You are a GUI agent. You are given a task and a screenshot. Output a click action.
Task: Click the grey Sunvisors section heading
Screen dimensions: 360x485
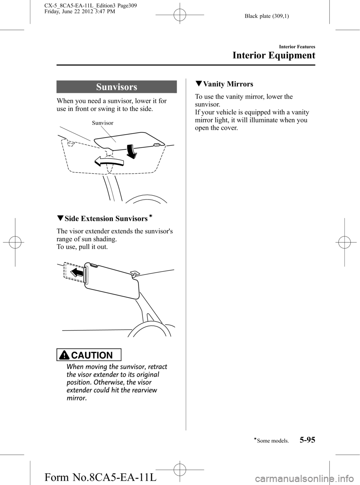click(x=117, y=87)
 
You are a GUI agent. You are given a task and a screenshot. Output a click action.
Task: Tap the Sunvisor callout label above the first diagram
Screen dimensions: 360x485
click(x=103, y=123)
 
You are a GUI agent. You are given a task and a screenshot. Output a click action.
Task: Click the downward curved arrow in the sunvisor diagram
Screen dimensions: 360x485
click(x=131, y=151)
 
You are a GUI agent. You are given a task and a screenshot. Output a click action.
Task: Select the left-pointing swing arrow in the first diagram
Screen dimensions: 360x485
click(x=109, y=162)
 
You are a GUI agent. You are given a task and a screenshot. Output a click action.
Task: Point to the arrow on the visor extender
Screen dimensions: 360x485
click(x=77, y=273)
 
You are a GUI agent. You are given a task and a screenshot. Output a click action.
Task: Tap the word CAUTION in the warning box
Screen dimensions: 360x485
click(x=91, y=355)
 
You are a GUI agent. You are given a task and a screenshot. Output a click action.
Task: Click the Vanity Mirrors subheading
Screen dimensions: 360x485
click(x=228, y=84)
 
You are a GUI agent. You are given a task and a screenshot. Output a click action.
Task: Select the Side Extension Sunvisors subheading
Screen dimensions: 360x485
click(x=106, y=218)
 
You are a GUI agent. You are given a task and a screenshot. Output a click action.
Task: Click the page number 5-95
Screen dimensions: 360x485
click(x=307, y=439)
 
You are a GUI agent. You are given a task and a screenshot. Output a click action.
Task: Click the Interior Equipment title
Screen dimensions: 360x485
click(x=274, y=55)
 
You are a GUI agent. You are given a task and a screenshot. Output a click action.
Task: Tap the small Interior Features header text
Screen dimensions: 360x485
click(x=297, y=47)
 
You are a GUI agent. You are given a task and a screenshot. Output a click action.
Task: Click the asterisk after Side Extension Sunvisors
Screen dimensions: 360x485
click(x=151, y=216)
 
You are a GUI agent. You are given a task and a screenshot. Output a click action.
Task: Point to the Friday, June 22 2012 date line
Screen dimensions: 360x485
click(x=79, y=11)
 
